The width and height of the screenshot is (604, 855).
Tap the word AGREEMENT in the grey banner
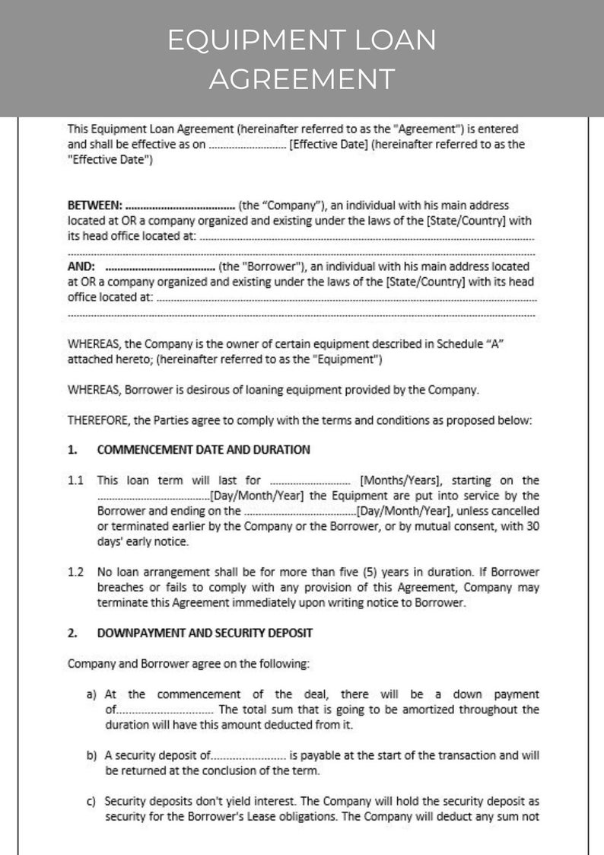click(x=302, y=78)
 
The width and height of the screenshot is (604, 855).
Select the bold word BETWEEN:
click(x=94, y=206)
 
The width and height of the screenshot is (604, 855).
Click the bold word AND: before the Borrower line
click(x=81, y=266)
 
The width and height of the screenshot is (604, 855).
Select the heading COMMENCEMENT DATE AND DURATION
click(x=203, y=450)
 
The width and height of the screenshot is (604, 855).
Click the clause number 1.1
click(x=75, y=480)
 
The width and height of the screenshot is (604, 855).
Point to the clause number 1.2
click(x=75, y=572)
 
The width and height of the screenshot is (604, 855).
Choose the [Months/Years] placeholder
click(x=400, y=480)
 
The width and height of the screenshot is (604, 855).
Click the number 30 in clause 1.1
click(x=532, y=526)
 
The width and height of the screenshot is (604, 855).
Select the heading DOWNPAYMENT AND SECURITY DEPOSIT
click(x=205, y=633)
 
